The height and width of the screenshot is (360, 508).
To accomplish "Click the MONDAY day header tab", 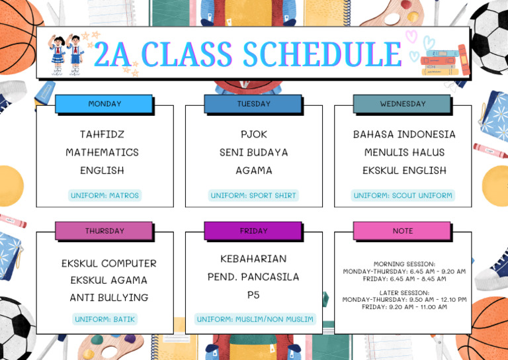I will tap(105, 104).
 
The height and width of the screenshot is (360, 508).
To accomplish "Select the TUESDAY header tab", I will tap(253, 104).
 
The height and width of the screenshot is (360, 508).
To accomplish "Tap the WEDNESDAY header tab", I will tap(402, 104).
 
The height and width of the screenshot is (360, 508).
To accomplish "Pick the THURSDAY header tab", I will tap(105, 231).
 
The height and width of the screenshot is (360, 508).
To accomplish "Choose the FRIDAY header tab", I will tap(253, 231).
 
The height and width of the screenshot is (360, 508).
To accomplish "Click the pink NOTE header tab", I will tap(402, 231).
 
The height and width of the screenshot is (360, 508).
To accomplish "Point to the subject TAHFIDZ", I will tap(102, 134).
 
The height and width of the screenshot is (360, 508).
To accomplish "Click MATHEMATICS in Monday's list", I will tap(102, 152).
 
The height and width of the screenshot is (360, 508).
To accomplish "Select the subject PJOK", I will tap(254, 134).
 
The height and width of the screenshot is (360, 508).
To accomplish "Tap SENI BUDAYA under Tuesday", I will tap(254, 152).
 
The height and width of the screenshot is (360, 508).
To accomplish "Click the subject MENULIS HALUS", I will tap(404, 152).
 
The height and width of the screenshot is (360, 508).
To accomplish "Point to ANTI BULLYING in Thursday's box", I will tap(109, 298).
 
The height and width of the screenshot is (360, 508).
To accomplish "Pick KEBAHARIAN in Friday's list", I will tap(253, 259).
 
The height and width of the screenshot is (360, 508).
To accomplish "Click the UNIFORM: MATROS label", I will tap(105, 195).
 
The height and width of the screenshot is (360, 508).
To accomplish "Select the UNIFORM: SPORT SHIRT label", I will tap(254, 195).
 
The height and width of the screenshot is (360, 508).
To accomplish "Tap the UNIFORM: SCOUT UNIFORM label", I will tap(403, 195).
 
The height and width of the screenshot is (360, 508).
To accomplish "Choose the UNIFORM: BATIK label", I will tap(105, 319).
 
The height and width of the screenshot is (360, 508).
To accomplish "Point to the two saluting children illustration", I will tap(66, 54).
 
